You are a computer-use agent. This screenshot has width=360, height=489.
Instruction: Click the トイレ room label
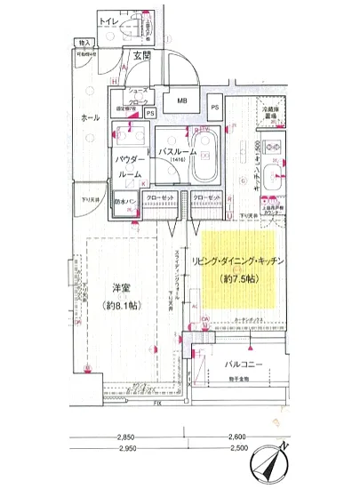point(110,19)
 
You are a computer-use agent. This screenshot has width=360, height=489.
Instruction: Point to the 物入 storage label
point(86,42)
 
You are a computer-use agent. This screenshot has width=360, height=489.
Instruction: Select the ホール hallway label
point(90,116)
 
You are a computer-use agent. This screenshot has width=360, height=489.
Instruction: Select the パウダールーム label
point(130,167)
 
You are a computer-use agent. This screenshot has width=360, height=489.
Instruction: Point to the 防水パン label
point(125,204)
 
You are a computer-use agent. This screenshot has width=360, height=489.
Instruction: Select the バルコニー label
point(239,363)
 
